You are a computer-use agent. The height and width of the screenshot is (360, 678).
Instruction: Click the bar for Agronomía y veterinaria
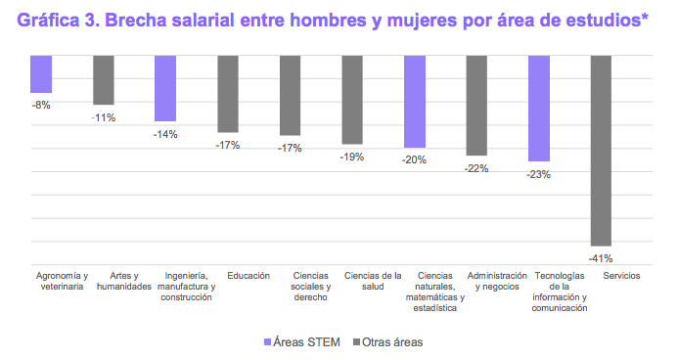[41, 73]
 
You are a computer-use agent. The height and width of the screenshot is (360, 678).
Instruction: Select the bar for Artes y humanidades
[104, 79]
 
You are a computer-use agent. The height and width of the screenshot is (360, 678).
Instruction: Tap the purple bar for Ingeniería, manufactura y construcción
[165, 88]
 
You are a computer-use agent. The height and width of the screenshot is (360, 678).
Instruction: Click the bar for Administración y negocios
[476, 105]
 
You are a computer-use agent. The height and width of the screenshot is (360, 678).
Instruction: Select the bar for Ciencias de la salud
[352, 99]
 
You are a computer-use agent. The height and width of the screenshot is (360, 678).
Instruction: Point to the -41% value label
[601, 259]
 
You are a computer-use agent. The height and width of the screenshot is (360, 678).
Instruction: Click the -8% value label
[41, 105]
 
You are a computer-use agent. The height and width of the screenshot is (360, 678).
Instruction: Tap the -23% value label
[539, 174]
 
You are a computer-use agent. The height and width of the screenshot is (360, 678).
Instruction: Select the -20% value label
[415, 159]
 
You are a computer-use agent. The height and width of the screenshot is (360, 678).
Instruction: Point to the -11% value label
[104, 117]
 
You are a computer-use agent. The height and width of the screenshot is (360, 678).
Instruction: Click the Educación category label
[228, 276]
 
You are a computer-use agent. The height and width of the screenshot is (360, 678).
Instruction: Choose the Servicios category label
[601, 276]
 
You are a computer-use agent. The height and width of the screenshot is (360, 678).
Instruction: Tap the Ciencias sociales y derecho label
[291, 287]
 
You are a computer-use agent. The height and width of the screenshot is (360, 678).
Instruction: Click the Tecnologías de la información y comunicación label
[539, 292]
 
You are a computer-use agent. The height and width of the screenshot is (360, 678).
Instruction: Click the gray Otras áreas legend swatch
[356, 341]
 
